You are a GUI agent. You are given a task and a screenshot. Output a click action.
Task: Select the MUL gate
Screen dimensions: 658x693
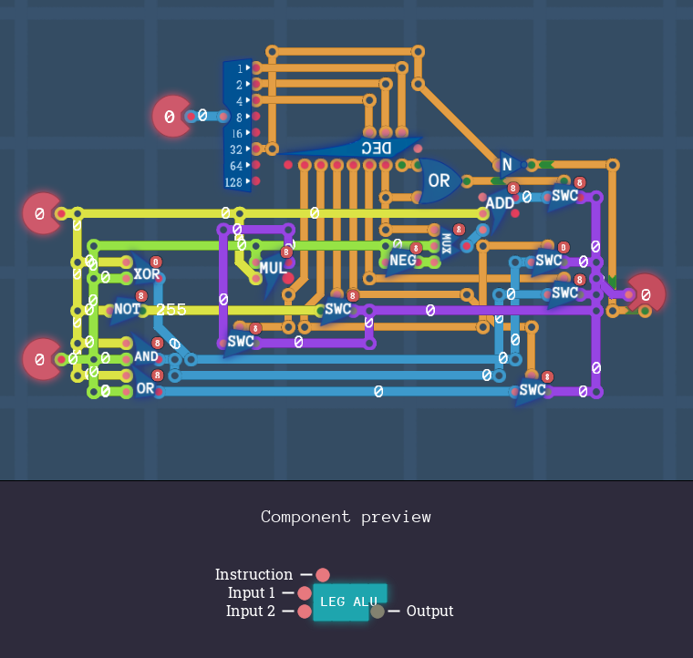273,268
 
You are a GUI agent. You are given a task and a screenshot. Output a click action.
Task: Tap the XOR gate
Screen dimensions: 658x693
147,274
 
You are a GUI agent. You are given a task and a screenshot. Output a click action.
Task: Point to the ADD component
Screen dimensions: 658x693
500,203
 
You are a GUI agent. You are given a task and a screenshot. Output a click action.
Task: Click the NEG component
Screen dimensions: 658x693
402,260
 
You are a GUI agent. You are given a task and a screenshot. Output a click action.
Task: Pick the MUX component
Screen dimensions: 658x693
447,243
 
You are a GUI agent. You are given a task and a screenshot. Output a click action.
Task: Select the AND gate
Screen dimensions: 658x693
146,356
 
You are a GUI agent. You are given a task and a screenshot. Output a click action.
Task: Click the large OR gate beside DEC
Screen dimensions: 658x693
439,180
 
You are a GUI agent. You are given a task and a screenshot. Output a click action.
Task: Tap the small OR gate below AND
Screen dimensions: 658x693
145,388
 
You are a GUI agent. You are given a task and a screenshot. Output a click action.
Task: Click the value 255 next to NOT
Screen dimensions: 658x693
171,310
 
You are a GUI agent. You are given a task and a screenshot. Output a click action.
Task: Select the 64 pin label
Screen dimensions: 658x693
236,166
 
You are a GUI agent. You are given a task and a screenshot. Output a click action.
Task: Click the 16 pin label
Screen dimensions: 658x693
236,133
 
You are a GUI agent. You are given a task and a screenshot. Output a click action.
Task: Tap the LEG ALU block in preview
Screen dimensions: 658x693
349,601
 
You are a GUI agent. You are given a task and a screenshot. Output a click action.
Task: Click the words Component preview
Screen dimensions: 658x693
346,517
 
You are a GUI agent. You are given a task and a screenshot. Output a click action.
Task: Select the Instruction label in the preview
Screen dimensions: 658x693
253,574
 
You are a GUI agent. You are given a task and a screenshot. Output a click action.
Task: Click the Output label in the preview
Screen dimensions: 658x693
429,611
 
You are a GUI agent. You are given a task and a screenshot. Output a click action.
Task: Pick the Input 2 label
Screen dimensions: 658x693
251,611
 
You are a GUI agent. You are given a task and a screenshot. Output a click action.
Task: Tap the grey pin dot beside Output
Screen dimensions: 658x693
378,612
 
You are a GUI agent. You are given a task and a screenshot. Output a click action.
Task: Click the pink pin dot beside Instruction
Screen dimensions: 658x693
323,574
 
